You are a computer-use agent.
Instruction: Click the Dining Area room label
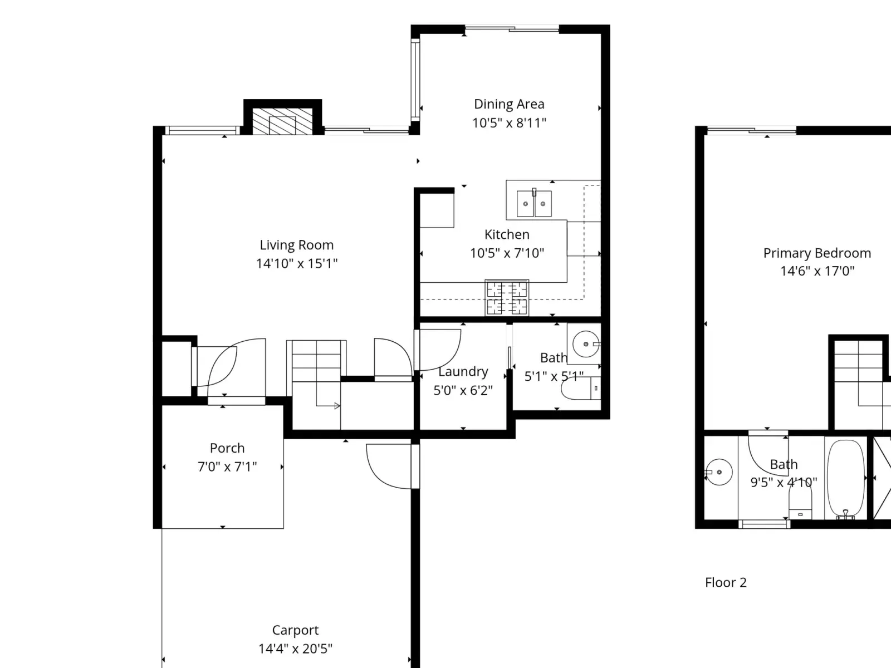click(509, 104)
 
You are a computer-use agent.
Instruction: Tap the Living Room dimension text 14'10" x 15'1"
click(297, 264)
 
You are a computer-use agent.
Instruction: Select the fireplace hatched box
click(282, 121)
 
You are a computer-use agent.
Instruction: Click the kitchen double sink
click(534, 204)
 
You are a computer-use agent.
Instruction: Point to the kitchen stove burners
click(507, 298)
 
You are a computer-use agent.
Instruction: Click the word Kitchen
click(507, 234)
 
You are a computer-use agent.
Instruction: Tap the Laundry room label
click(463, 371)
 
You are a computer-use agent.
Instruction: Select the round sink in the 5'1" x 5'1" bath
click(586, 344)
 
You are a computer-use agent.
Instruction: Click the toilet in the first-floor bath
click(580, 388)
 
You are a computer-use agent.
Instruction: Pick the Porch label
click(227, 448)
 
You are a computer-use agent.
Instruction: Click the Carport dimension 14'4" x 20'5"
click(296, 649)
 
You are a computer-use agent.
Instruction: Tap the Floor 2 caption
click(726, 582)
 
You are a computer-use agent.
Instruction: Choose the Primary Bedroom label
click(817, 253)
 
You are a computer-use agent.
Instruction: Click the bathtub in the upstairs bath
click(846, 479)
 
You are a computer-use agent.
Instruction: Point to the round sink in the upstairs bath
click(719, 472)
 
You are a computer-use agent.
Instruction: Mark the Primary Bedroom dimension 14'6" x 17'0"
click(817, 271)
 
